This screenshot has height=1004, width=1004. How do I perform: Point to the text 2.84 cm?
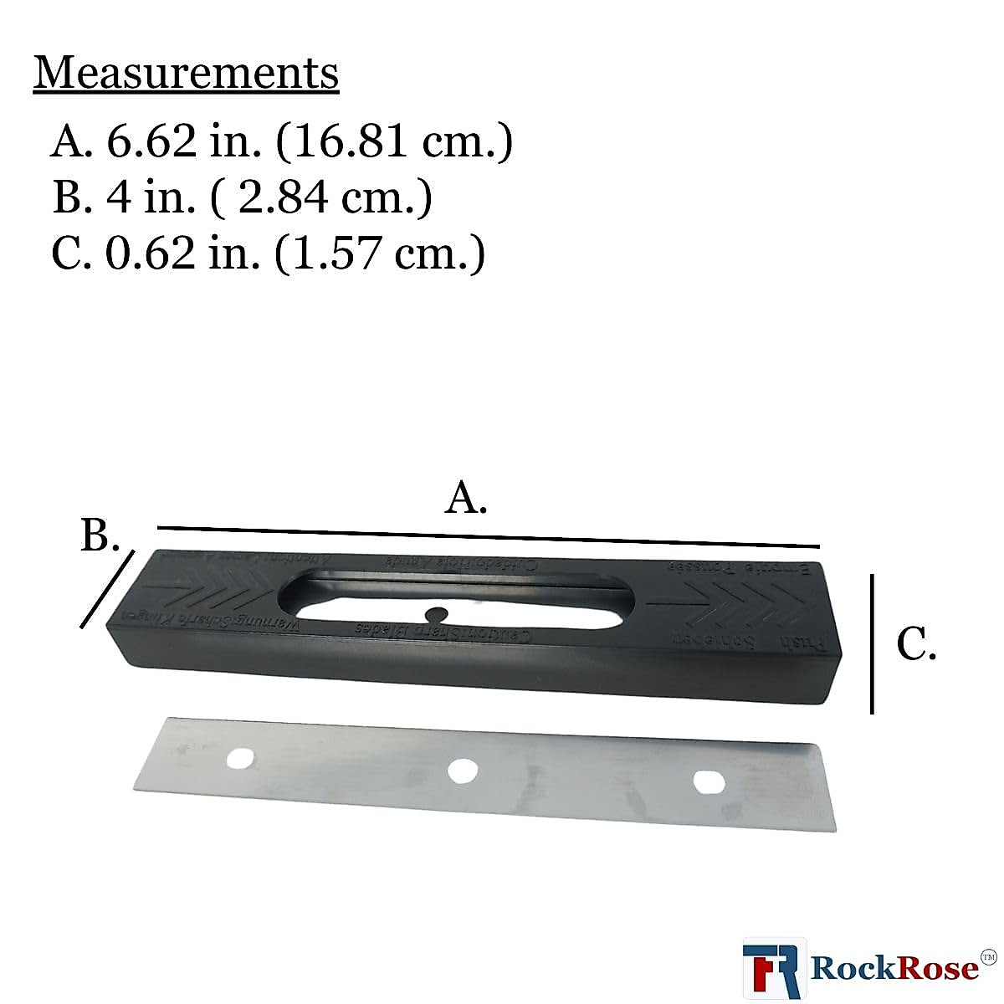tap(335, 198)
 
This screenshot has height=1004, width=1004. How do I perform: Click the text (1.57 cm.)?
tap(380, 254)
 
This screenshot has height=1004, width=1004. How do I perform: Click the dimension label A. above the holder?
tap(466, 500)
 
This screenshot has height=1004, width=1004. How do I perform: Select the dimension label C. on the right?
tap(916, 644)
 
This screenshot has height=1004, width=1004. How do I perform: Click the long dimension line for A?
tap(489, 536)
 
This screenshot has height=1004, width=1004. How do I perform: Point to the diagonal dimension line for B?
tap(107, 588)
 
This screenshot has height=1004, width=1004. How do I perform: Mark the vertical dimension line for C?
tap(872, 643)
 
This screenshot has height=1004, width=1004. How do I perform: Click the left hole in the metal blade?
tap(241, 758)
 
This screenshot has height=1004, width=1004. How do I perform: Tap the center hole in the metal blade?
tap(460, 771)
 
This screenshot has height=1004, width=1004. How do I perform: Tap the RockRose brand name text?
tap(895, 969)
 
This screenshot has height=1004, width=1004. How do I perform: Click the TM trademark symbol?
tap(988, 956)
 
